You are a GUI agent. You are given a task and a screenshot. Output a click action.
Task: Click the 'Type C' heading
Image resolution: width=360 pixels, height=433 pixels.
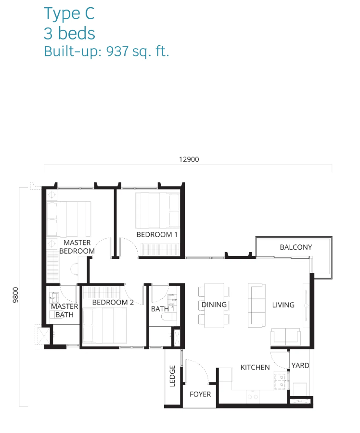click(x=69, y=14)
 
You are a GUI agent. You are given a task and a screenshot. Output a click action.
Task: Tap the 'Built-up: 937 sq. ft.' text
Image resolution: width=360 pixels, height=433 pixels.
click(x=106, y=51)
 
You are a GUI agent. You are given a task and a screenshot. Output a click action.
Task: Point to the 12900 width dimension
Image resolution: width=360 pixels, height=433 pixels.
click(x=189, y=159)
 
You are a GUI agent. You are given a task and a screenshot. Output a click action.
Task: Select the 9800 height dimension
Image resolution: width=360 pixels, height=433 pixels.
click(x=15, y=294)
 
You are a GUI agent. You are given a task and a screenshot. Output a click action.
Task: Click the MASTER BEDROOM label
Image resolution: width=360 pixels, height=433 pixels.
click(x=77, y=247)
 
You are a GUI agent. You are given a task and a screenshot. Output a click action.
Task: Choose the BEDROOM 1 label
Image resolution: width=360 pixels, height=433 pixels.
click(x=157, y=234)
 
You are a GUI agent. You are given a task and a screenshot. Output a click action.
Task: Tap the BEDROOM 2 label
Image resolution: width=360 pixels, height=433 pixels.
click(x=113, y=303)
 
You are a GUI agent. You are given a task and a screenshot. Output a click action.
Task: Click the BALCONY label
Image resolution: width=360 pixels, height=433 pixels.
click(x=296, y=247)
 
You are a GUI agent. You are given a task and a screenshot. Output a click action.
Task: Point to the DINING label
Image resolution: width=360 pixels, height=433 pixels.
click(x=214, y=305)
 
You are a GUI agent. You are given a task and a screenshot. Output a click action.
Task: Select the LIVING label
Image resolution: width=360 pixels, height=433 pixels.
click(x=283, y=305)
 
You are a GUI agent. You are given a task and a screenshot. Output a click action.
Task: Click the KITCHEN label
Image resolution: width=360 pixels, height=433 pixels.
click(x=255, y=367)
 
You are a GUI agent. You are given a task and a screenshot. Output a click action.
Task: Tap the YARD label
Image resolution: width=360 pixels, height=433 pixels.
click(x=300, y=365)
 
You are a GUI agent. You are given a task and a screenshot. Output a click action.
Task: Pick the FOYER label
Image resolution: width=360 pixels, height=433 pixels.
click(x=200, y=394)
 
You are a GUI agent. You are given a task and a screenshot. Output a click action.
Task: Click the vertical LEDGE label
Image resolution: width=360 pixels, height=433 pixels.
click(x=172, y=376)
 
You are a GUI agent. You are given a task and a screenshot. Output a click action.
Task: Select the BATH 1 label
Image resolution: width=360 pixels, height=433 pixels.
click(x=163, y=309)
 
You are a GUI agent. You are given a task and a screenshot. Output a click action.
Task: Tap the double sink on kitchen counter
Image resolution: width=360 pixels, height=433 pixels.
click(x=253, y=396)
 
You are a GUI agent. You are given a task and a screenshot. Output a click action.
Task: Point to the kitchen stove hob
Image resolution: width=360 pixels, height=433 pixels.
click(x=280, y=381)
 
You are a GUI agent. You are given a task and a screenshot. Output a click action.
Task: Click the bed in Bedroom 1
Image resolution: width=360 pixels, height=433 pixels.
click(x=157, y=210)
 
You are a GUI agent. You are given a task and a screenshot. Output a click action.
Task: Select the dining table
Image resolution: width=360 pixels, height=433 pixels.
click(x=214, y=306)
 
